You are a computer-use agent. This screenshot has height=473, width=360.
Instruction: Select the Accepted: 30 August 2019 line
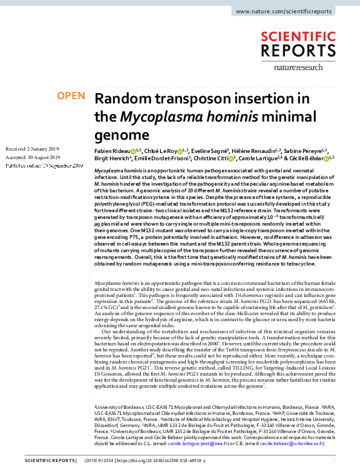[31, 157]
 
